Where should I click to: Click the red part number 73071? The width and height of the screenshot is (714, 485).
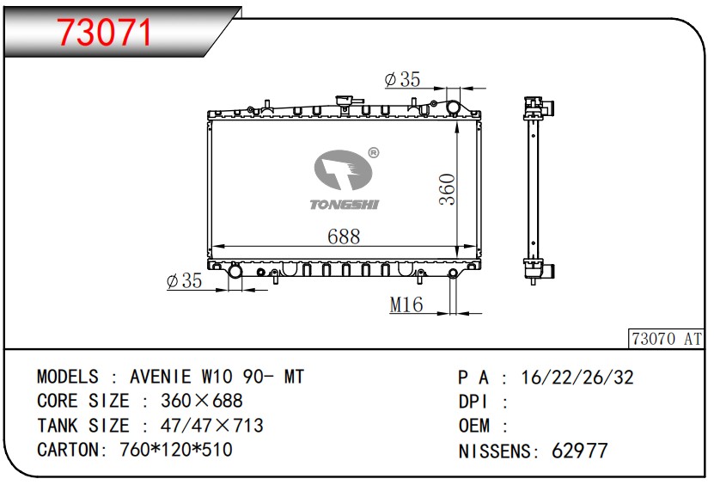[x=105, y=33]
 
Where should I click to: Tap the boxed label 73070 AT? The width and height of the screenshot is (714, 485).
[x=666, y=339]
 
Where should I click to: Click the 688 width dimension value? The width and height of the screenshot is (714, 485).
[x=344, y=236]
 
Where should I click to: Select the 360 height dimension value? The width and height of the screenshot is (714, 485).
[x=447, y=189]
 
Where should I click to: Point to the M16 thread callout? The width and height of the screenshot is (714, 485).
[x=406, y=304]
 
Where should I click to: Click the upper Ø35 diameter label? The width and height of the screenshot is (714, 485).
[x=402, y=79]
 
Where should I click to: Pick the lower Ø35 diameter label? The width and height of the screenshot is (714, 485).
[x=184, y=280]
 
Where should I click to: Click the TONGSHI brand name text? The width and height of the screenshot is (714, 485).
[x=345, y=205]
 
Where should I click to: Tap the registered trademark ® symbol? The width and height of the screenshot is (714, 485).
[x=373, y=153]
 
